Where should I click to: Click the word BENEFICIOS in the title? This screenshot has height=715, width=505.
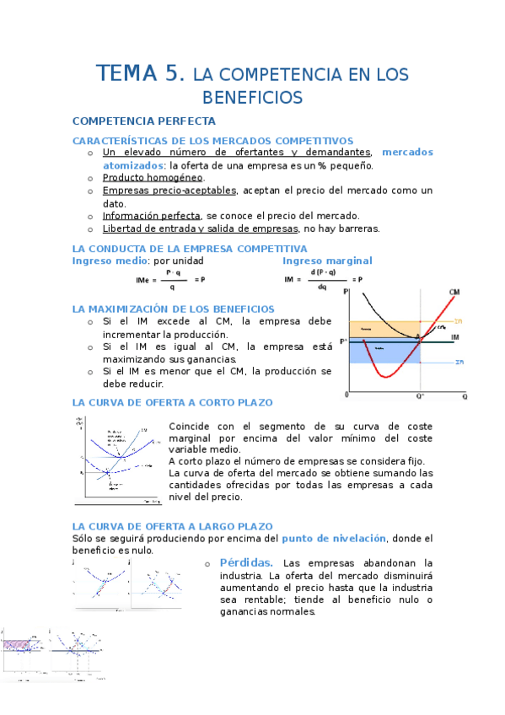point(252,98)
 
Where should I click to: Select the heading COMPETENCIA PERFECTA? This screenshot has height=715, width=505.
point(144,121)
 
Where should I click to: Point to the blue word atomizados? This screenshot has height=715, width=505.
point(133,165)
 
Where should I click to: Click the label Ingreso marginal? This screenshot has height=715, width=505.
point(327,261)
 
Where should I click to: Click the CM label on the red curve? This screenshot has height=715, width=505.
point(454,292)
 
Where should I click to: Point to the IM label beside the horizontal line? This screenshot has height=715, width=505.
point(455,337)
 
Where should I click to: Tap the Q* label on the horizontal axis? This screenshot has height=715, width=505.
point(420,395)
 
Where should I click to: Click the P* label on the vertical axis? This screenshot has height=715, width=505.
point(343,341)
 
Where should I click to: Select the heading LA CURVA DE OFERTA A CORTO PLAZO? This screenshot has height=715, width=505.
point(172,403)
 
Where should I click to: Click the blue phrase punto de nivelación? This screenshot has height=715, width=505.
point(334,538)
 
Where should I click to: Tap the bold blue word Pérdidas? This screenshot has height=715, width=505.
point(246,562)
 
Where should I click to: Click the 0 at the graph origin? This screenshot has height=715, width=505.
point(346,395)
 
